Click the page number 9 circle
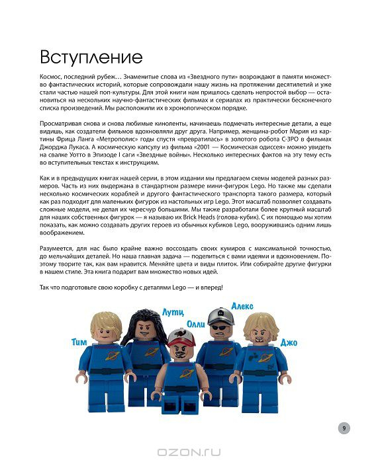[344, 428]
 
